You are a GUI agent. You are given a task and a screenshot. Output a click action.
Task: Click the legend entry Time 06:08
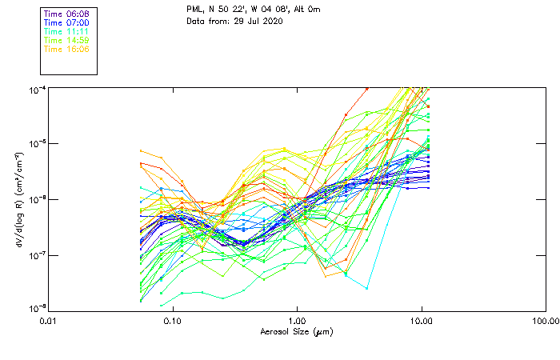point(66,14)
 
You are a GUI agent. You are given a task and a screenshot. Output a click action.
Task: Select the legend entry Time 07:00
point(66,22)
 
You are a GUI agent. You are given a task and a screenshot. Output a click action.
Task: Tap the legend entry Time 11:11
point(66,31)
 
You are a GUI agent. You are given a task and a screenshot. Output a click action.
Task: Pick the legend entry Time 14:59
point(66,40)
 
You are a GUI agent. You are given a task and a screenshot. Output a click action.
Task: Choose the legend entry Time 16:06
point(66,49)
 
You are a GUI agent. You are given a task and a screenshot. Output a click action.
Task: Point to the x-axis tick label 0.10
point(173,321)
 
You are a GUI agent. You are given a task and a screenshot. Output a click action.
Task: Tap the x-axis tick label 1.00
point(297,321)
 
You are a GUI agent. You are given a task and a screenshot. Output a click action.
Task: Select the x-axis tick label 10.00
point(421,321)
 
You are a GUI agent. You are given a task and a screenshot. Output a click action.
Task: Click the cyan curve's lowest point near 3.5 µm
point(366,288)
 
